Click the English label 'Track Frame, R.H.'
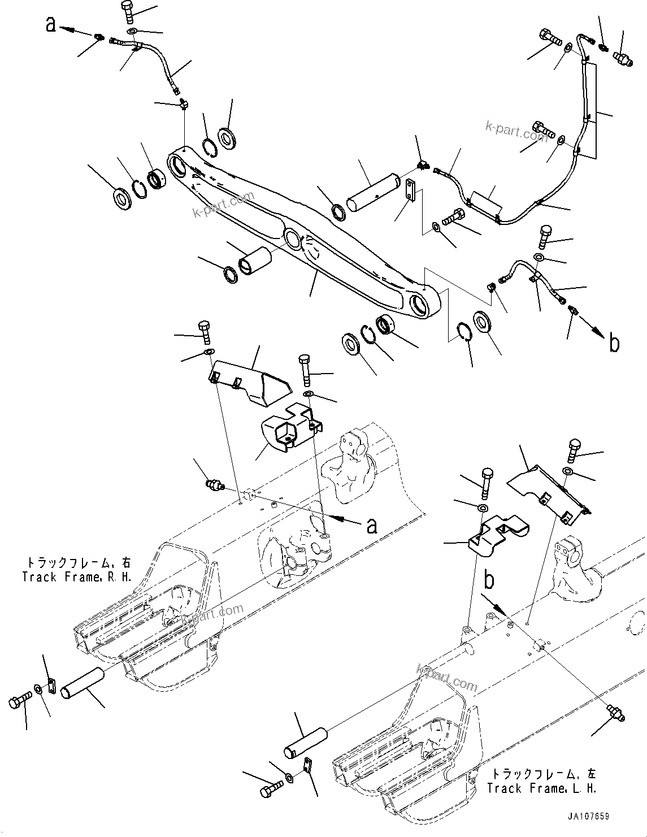[77, 577]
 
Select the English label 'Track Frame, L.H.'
[542, 788]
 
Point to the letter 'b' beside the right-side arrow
[614, 344]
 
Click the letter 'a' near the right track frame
[372, 526]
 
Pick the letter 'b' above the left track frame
[490, 580]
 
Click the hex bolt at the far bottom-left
[17, 702]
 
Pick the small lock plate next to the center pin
[411, 189]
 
